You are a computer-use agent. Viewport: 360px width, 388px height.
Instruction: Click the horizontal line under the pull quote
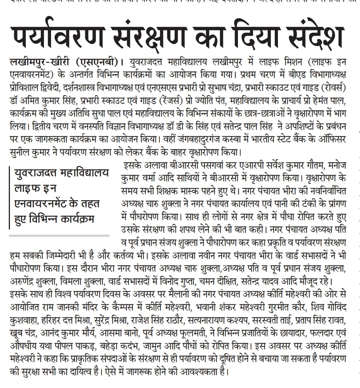tap(59, 235)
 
